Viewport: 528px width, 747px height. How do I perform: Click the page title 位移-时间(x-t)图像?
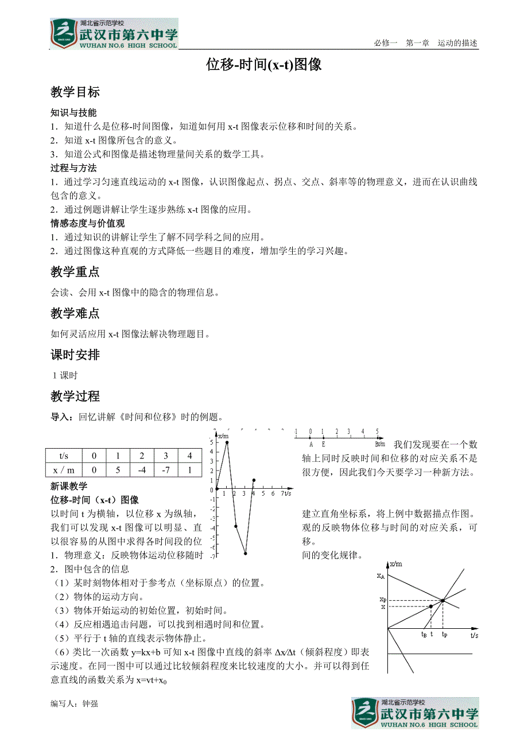tap(264, 65)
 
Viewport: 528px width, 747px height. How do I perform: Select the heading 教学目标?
tap(75, 92)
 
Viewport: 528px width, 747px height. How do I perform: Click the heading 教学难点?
tap(75, 313)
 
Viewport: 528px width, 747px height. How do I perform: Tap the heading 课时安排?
tap(75, 355)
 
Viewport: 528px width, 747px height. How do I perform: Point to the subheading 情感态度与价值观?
tap(87, 223)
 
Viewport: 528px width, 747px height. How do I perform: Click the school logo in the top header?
tap(114, 34)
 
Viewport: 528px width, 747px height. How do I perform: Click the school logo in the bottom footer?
tap(415, 713)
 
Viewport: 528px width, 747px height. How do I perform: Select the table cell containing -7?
tap(165, 470)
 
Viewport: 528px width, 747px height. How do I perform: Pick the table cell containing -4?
tap(142, 470)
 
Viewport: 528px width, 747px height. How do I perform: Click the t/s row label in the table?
tap(64, 456)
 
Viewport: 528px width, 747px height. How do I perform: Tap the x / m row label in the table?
tap(64, 470)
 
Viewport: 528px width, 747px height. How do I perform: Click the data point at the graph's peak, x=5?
tap(227, 442)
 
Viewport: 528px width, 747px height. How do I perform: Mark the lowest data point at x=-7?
tap(245, 554)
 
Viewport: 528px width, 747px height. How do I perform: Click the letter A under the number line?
tap(311, 443)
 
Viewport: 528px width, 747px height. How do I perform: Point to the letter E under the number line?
tap(323, 443)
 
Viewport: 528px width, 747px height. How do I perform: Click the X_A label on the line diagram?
tap(381, 575)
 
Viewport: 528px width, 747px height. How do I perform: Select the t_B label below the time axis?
tap(424, 635)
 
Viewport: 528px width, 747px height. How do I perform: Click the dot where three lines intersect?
tap(443, 601)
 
